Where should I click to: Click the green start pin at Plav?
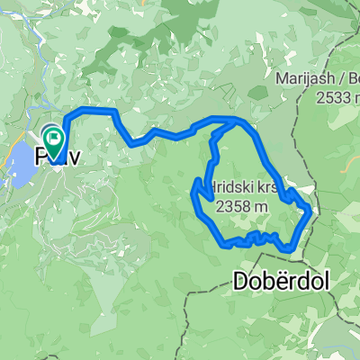click(54, 141)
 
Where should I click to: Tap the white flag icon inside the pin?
click(54, 138)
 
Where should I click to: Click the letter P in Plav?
click(41, 157)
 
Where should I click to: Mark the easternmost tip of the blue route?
click(311, 210)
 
